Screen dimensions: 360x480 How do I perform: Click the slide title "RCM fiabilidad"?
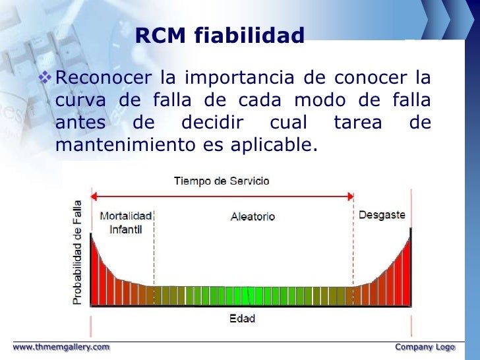(220, 36)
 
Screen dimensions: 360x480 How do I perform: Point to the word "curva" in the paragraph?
(77, 101)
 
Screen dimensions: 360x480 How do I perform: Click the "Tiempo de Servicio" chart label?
(222, 181)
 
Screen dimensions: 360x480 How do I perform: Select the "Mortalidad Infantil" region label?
(125, 223)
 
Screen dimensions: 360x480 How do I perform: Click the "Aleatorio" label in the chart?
(253, 216)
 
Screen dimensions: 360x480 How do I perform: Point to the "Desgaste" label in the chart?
(381, 216)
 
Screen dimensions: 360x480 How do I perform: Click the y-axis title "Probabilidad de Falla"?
(77, 252)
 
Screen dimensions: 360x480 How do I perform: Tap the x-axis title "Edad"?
(242, 318)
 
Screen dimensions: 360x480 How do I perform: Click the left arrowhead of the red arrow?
(94, 196)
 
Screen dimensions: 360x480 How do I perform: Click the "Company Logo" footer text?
(425, 346)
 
